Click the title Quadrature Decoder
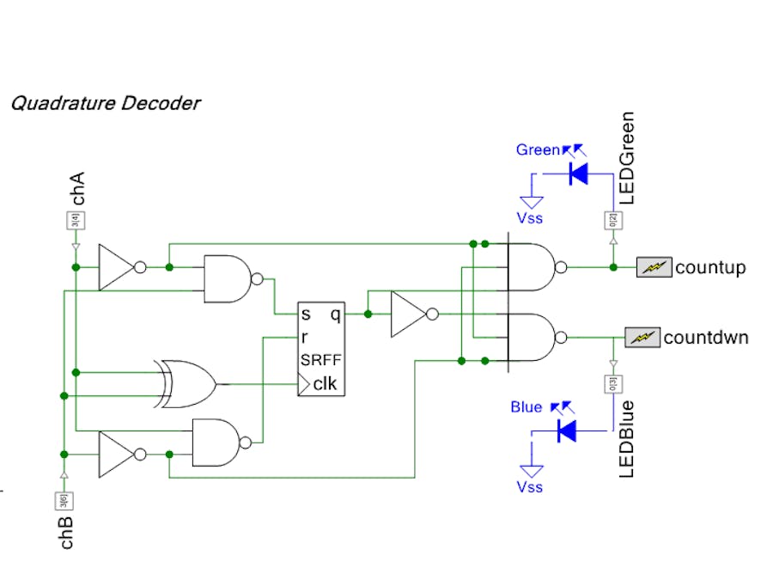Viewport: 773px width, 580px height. (x=105, y=104)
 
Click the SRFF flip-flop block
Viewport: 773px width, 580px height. (x=321, y=349)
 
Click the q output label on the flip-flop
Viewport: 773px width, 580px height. (x=335, y=314)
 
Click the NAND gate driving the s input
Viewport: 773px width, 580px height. (x=229, y=279)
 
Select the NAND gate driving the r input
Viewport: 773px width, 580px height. (x=220, y=443)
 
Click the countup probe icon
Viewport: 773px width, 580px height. (x=654, y=267)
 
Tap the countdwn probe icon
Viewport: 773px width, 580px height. (x=642, y=337)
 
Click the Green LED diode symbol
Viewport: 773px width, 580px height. (x=578, y=174)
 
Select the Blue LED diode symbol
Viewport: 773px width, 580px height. (x=567, y=430)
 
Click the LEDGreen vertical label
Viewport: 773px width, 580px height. (x=627, y=157)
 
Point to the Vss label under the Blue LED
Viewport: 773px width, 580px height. (x=530, y=487)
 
